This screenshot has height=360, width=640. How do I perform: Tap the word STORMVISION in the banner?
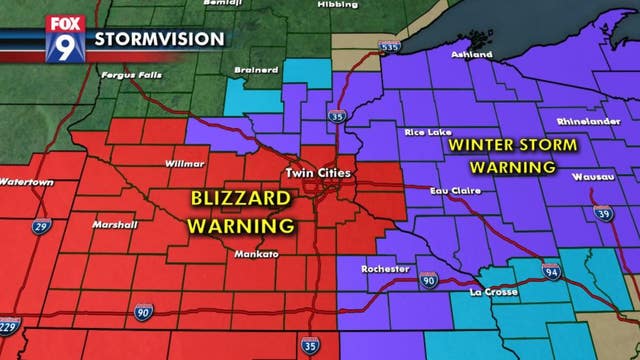[159, 40]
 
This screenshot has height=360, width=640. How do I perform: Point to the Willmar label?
[185, 162]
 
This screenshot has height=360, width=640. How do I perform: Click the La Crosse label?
[493, 292]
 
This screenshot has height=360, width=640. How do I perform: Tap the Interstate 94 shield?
[552, 272]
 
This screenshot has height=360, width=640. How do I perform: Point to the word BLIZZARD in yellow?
[241, 198]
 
